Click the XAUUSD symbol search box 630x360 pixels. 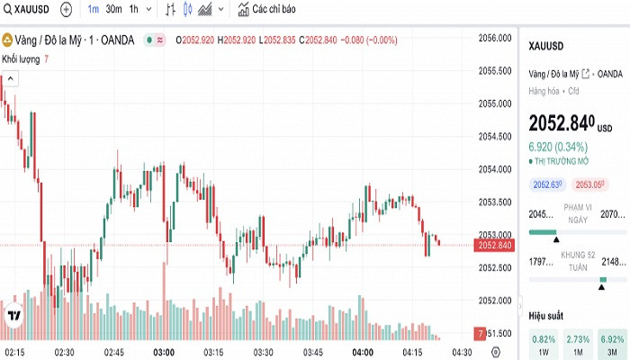point(28,10)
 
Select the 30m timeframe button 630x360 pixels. point(113,10)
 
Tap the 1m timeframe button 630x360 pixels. point(93,10)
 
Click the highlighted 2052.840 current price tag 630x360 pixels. point(495,246)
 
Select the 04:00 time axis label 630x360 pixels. point(363,351)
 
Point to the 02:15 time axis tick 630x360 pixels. point(14,351)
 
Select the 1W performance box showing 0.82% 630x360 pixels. point(544,343)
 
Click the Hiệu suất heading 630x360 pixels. point(546,316)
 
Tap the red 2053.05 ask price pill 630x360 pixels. point(589,184)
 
